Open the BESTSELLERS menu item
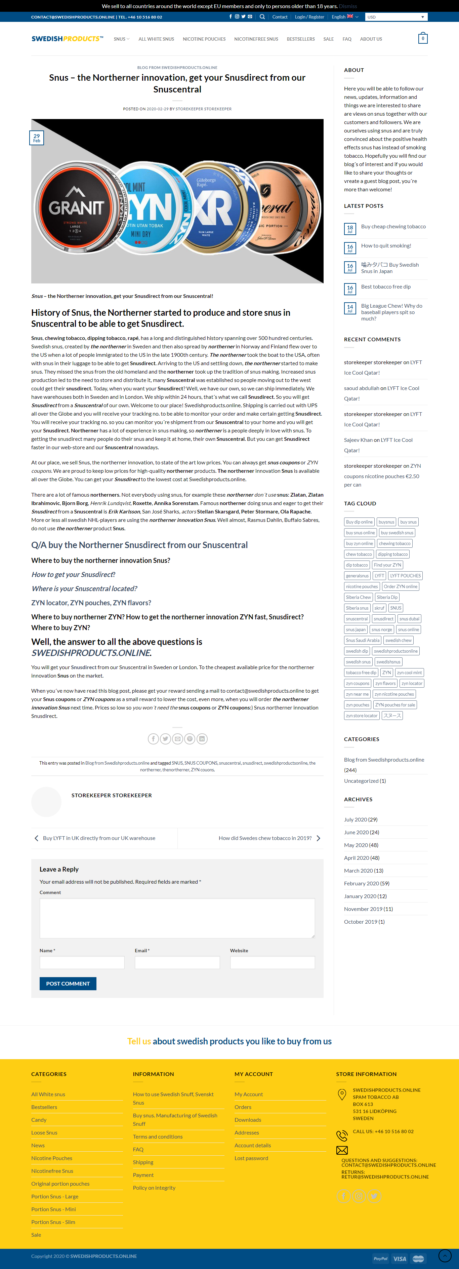300,39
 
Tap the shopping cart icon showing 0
423,38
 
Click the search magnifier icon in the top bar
262,17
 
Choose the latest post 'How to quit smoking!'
386,246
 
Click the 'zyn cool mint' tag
409,672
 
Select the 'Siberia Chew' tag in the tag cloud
358,597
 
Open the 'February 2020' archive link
361,883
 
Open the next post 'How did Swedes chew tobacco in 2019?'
265,838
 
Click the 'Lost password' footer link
251,1158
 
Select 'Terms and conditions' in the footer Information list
158,1137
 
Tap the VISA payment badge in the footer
400,1259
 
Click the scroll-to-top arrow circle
445,1256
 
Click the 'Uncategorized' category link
361,781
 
